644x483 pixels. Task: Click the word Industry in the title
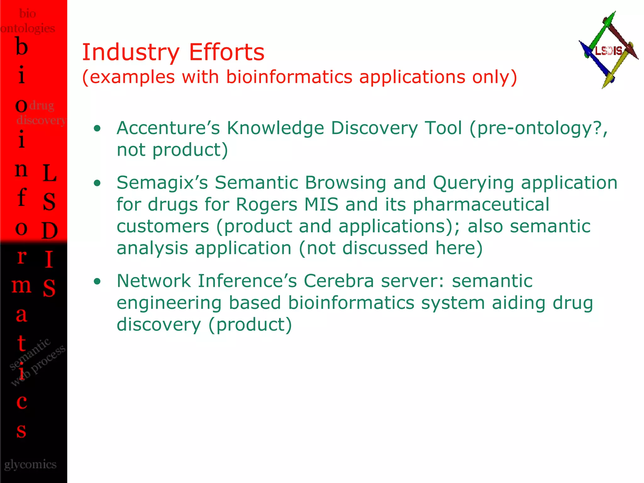point(130,52)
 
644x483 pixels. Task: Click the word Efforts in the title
point(226,52)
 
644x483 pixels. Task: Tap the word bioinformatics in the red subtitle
point(289,77)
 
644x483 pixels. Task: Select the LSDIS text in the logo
point(608,51)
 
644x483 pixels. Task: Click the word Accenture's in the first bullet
point(168,128)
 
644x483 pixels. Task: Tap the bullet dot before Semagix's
point(97,183)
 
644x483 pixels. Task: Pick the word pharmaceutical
point(481,205)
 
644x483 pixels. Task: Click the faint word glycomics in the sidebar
point(31,464)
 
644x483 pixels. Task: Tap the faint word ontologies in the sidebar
point(28,28)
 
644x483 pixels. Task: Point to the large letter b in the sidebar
point(21,47)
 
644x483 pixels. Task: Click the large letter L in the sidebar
point(49,173)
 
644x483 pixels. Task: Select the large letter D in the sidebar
point(49,230)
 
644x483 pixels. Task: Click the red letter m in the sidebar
point(21,286)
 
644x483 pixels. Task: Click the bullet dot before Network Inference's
point(97,281)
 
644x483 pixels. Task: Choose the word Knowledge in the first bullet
point(275,128)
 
